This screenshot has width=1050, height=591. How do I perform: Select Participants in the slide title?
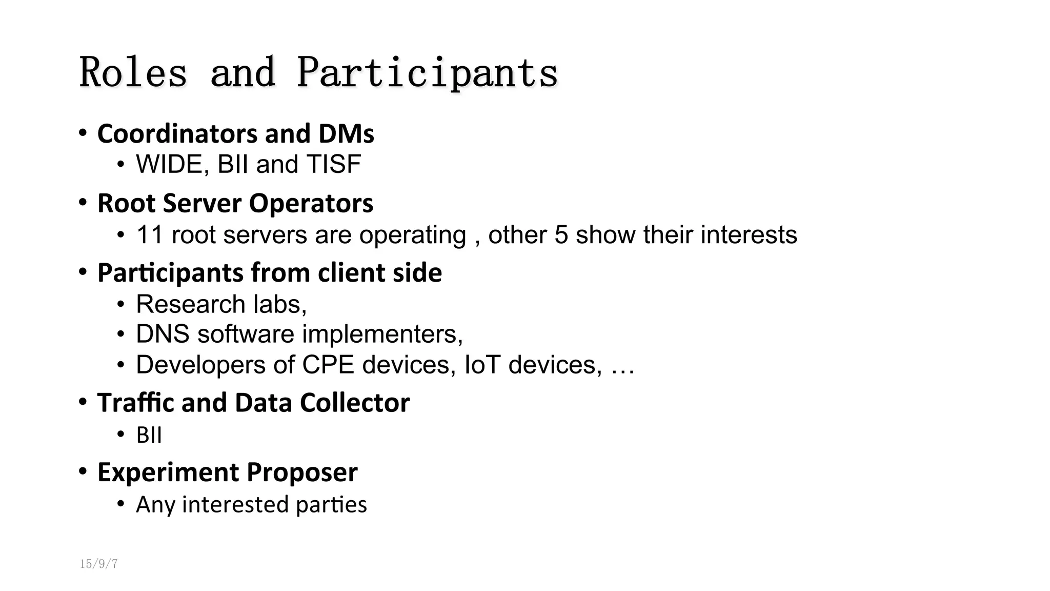click(427, 72)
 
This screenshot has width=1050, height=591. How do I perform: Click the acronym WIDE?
click(169, 165)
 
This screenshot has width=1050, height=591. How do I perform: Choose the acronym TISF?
click(334, 165)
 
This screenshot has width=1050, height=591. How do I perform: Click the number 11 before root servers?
click(149, 235)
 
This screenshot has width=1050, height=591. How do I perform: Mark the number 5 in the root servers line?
click(561, 235)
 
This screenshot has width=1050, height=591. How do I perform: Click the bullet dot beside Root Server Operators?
click(83, 203)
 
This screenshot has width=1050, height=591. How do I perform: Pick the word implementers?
click(382, 334)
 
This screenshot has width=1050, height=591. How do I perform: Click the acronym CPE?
click(328, 365)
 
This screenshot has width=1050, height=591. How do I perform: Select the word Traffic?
click(136, 403)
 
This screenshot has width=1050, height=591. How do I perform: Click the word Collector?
click(354, 403)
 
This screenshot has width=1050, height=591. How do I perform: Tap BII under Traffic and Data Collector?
click(149, 436)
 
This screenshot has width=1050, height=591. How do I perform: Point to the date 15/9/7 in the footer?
click(98, 564)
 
